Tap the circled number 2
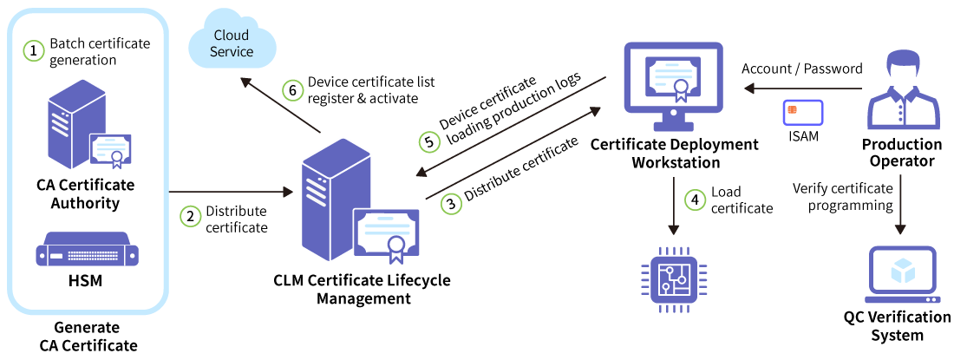click(191, 216)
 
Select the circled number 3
click(450, 205)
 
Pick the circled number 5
click(429, 141)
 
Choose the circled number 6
click(294, 89)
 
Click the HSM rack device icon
click(88, 250)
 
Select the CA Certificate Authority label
click(86, 194)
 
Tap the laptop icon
click(902, 275)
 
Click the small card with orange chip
click(802, 112)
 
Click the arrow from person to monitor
click(802, 88)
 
